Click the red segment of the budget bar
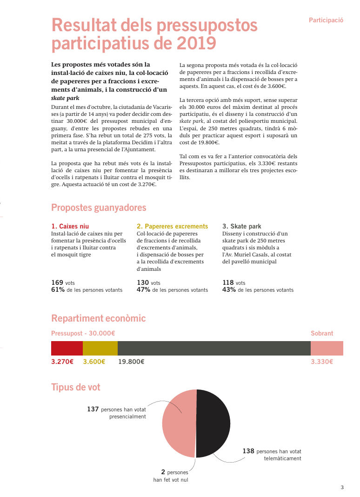pos(67,348)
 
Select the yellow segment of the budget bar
pos(100,348)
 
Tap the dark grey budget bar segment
pos(214,348)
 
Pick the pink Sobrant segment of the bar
pos(327,348)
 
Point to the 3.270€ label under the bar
pos(62,362)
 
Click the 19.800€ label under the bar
pos(131,362)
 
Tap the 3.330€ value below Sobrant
pos(322,362)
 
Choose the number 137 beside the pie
pos(93,410)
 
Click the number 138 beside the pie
pos(248,451)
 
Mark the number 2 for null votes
pos(163,472)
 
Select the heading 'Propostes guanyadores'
pos(99,208)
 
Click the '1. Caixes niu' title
pos(70,227)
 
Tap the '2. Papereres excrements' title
pos(172,227)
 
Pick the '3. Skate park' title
pos(242,227)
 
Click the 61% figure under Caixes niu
pos(58,289)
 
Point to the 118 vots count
pos(228,282)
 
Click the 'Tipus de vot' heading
pos(76,387)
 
